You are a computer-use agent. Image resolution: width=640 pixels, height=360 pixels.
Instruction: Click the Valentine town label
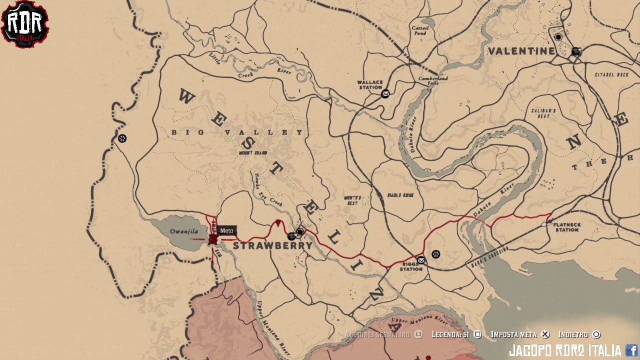pyautogui.click(x=521, y=51)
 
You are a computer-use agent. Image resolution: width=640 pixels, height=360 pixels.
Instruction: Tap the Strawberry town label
pyautogui.click(x=272, y=245)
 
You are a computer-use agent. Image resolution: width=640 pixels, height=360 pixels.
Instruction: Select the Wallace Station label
pyautogui.click(x=370, y=84)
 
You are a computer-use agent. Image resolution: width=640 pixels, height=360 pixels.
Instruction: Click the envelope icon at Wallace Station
pyautogui.click(x=385, y=93)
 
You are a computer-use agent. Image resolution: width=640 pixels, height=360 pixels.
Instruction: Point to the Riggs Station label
pyautogui.click(x=411, y=266)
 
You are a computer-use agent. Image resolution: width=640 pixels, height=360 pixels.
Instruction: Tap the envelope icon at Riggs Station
pyautogui.click(x=421, y=260)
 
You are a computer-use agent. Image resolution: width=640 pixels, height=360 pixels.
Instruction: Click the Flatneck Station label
pyautogui.click(x=566, y=227)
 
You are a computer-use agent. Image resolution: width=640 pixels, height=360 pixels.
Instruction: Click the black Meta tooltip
pyautogui.click(x=227, y=230)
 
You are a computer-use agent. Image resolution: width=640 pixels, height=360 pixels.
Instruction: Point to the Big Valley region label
pyautogui.click(x=237, y=132)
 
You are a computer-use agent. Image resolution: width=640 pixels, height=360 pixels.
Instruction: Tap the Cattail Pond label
pyautogui.click(x=420, y=30)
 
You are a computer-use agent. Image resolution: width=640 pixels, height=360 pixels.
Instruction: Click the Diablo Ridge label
pyautogui.click(x=400, y=195)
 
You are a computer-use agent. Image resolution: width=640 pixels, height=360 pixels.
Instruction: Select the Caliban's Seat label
pyautogui.click(x=543, y=113)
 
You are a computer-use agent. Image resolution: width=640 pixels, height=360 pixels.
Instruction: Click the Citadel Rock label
pyautogui.click(x=611, y=74)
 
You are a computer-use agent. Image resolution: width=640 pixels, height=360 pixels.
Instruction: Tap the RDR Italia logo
pyautogui.click(x=24, y=23)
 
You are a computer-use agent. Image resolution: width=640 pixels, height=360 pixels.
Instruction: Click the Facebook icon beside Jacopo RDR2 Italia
pyautogui.click(x=631, y=350)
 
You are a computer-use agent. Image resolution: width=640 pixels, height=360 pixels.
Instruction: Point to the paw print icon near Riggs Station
pyautogui.click(x=436, y=254)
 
